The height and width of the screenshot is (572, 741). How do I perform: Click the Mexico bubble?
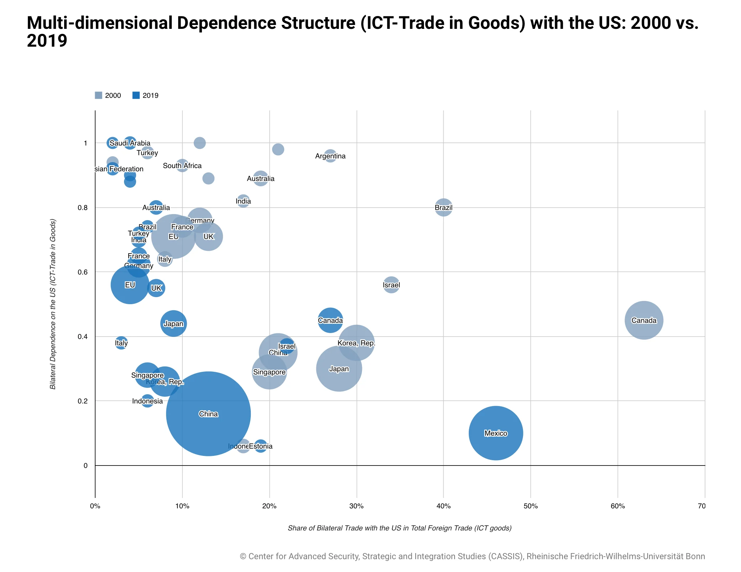(x=496, y=433)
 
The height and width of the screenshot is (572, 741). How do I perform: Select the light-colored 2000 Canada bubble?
(x=643, y=320)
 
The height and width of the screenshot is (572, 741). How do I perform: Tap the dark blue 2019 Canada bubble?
(x=330, y=320)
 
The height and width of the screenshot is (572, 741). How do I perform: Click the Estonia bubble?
(x=261, y=446)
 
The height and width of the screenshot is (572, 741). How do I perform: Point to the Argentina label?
(x=330, y=156)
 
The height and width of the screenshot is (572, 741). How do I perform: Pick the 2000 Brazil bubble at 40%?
(x=444, y=207)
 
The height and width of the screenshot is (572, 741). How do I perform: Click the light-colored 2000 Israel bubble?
(x=391, y=285)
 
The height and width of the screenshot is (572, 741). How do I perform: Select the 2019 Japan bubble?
(x=173, y=323)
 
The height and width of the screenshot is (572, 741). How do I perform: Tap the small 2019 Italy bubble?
(x=121, y=343)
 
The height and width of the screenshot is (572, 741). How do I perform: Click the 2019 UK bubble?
(x=156, y=288)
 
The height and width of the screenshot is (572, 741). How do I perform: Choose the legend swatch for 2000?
(x=99, y=95)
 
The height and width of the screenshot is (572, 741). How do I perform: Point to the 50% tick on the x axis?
(x=530, y=506)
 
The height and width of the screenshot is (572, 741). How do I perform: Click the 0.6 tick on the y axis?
(x=82, y=272)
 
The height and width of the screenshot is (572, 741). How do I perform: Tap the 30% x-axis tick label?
(x=356, y=506)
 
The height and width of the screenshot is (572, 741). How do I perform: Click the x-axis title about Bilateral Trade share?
(x=399, y=528)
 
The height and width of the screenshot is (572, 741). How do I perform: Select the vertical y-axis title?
(x=53, y=304)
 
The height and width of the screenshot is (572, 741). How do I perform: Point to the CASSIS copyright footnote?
(x=472, y=556)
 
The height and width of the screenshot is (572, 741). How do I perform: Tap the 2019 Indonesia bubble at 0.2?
(x=147, y=401)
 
